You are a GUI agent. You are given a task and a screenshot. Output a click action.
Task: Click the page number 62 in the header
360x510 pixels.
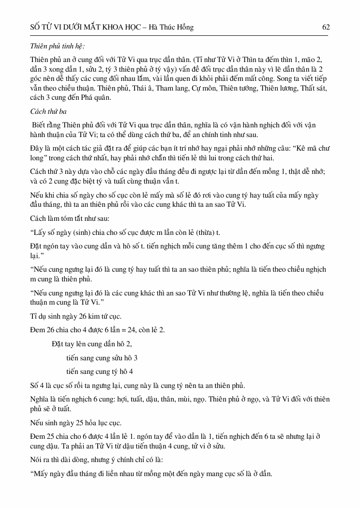[326, 28]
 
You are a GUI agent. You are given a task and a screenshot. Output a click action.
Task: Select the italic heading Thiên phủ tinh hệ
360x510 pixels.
[58, 46]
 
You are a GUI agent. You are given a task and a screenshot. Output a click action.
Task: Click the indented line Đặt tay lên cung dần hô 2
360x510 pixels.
[91, 344]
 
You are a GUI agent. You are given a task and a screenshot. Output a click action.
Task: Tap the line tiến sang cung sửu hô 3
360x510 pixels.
[102, 358]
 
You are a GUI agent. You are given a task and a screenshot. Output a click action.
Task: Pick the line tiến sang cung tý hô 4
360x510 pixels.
[100, 371]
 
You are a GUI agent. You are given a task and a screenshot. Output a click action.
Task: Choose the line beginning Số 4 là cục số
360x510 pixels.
[137, 386]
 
